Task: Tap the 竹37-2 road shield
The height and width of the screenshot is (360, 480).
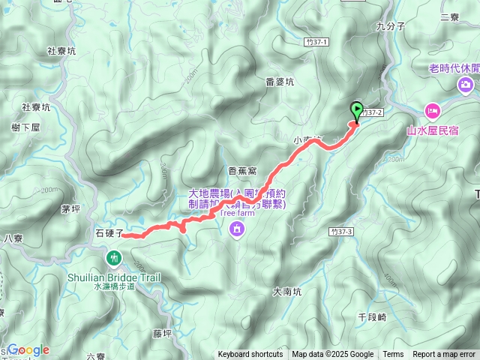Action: (x=375, y=112)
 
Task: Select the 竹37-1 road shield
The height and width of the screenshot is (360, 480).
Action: (x=318, y=43)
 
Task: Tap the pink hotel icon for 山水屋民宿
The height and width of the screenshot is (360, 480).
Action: (x=433, y=111)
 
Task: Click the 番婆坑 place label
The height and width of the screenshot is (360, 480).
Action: (x=280, y=82)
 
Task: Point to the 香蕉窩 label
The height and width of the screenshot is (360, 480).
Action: (x=242, y=171)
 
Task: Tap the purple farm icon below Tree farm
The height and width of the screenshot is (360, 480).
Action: (x=237, y=228)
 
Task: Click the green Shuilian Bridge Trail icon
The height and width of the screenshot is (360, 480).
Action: (x=114, y=258)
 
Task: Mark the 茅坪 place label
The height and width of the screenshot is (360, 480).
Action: (x=70, y=209)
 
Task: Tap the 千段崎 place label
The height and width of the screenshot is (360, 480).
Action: (x=372, y=317)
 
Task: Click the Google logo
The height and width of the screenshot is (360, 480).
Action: (x=28, y=350)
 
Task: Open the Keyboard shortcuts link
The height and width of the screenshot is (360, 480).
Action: (x=250, y=355)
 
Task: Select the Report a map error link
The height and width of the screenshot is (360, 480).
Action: (x=445, y=355)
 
